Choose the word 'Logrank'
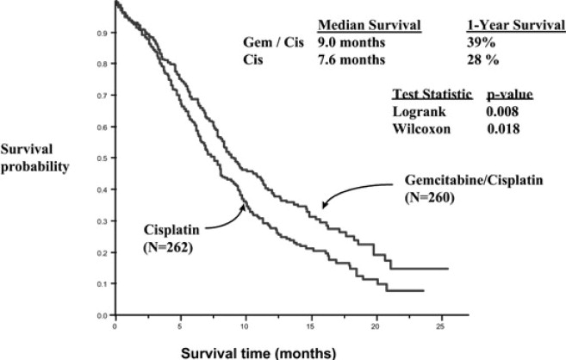click(x=415, y=110)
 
